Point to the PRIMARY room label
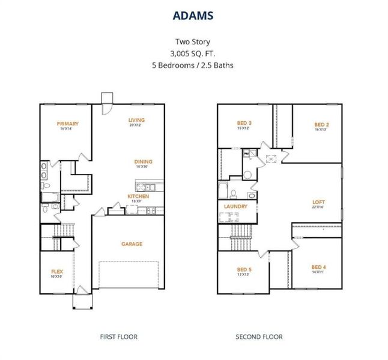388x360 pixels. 68,124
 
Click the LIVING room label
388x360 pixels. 136,120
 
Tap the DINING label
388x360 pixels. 143,161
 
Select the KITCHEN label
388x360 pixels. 138,196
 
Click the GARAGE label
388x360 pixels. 132,244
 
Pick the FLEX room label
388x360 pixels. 56,272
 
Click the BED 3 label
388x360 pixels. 244,123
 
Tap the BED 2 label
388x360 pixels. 322,125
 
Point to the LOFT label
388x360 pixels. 318,202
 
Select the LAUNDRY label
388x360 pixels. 235,206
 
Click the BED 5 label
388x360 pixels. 244,269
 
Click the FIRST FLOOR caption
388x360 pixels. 118,337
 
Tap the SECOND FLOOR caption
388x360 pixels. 259,337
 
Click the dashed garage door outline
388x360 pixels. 130,277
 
